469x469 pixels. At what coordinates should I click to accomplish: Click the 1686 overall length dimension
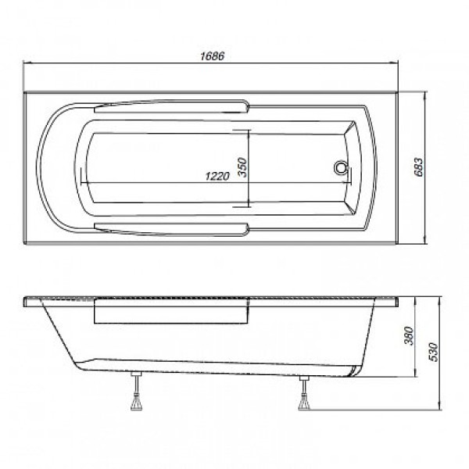point(212,55)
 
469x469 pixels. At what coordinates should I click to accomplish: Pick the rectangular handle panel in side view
point(172,313)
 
